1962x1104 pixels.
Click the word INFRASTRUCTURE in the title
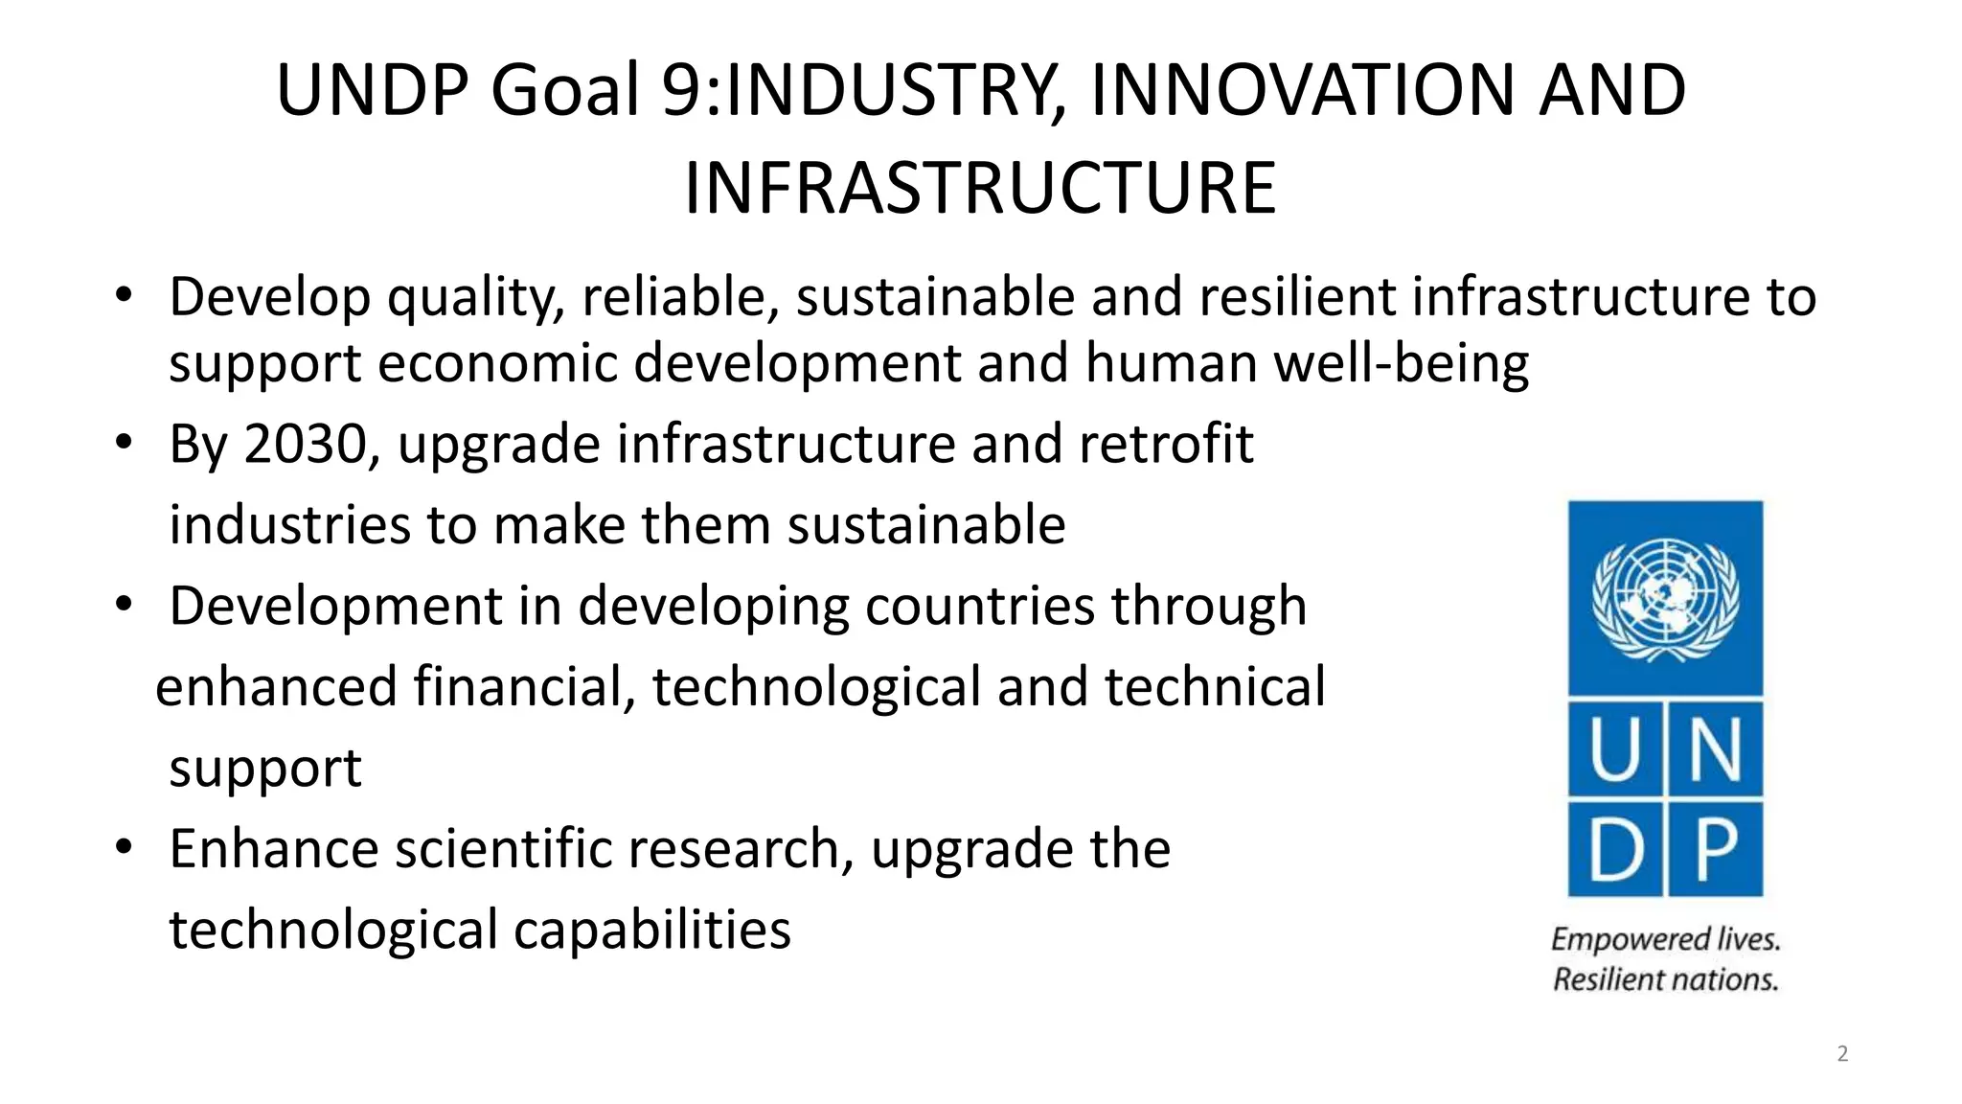click(x=979, y=189)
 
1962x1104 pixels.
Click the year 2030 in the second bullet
click(x=306, y=445)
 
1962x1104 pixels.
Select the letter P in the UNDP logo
click(x=1716, y=849)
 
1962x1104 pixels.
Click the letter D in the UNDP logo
click(x=1616, y=849)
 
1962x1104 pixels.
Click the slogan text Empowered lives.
click(x=1665, y=939)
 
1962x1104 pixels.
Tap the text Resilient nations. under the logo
click(x=1665, y=980)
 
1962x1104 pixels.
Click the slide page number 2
click(x=1842, y=1054)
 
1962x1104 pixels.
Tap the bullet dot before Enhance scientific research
click(x=123, y=848)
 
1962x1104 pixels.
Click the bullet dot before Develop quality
click(x=123, y=296)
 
